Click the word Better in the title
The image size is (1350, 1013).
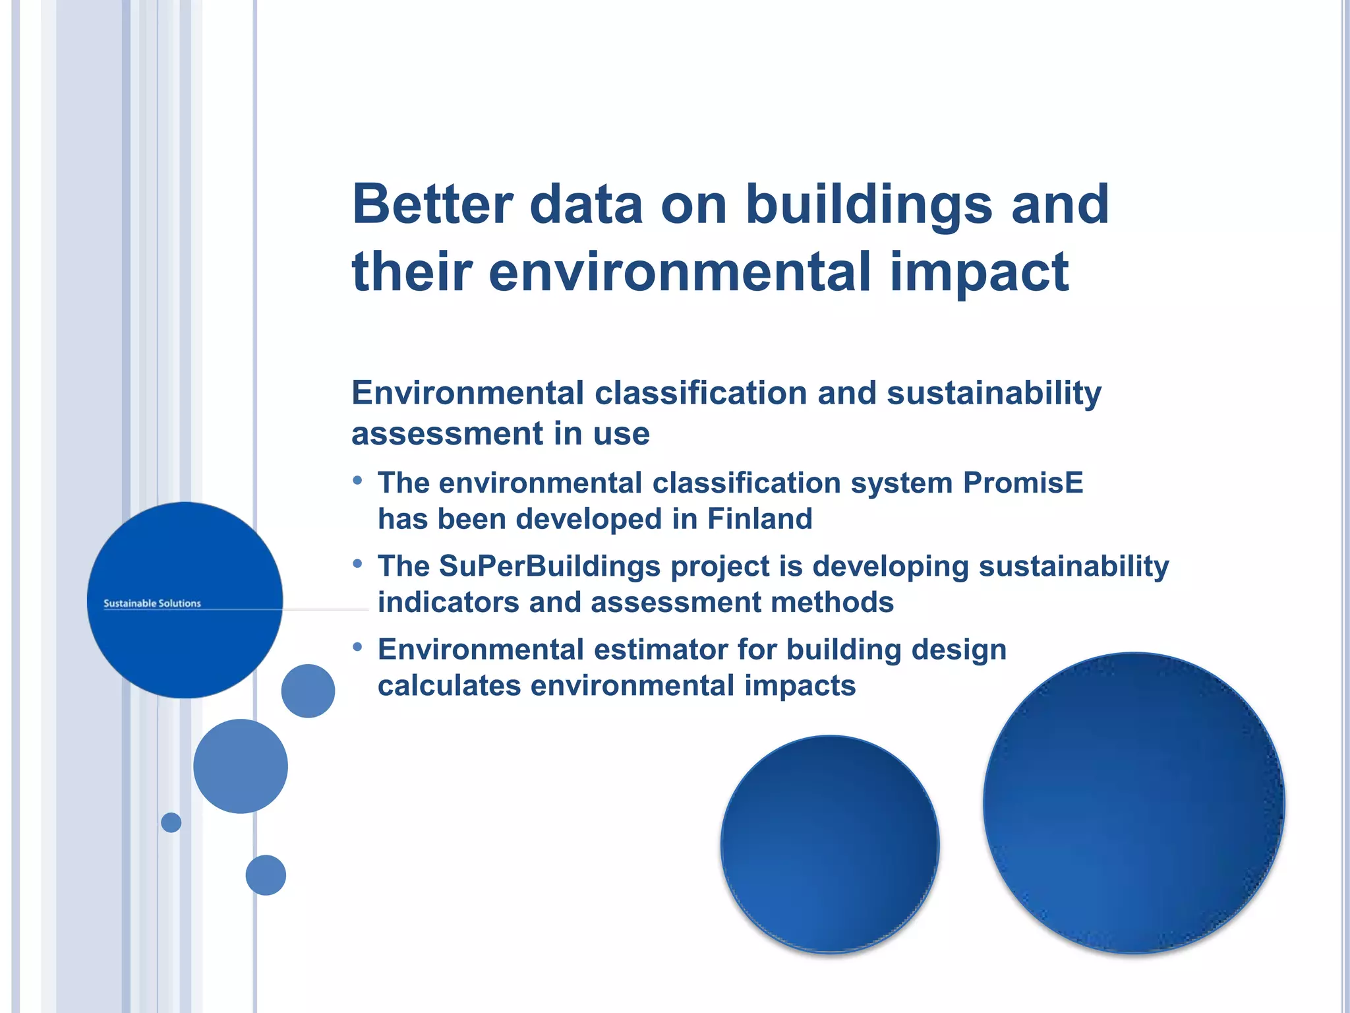[432, 204]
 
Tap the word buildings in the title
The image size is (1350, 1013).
[869, 204]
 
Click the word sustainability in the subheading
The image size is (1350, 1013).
[994, 393]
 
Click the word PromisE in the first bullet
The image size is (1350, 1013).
[1023, 483]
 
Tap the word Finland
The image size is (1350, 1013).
[759, 519]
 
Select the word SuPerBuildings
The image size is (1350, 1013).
[549, 566]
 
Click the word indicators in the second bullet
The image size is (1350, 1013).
[448, 602]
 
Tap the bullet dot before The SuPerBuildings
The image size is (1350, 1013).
[357, 564]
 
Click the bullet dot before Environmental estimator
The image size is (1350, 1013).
[357, 647]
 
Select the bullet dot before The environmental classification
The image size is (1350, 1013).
[357, 481]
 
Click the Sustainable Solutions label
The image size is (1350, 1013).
[152, 603]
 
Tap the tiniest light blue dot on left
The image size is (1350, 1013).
[171, 822]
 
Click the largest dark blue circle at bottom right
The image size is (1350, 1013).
[1133, 803]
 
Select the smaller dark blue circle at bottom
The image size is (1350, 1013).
[830, 844]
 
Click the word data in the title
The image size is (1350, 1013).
[586, 204]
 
